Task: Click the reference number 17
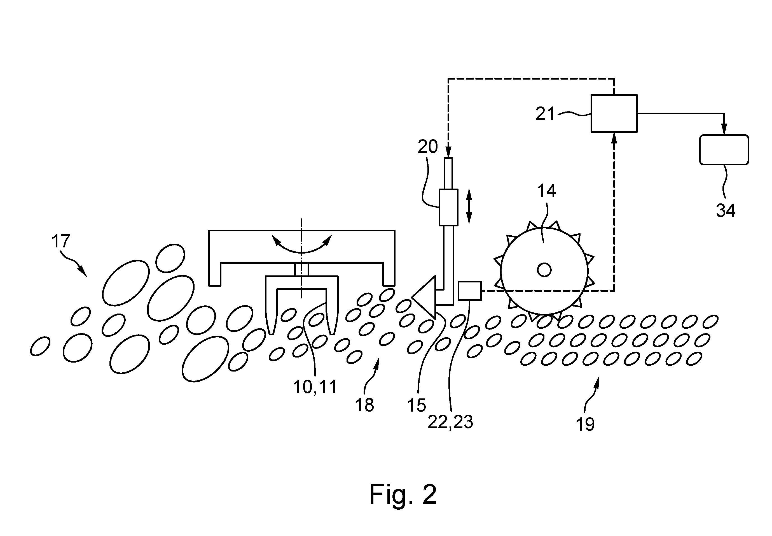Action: coord(61,241)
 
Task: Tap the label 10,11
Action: coord(315,387)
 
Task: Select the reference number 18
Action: coord(364,405)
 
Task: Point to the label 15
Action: coord(417,406)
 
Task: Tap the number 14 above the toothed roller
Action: coord(547,191)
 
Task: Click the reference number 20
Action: coord(428,147)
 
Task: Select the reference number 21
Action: coord(545,113)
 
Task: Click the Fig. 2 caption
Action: coord(403,494)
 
